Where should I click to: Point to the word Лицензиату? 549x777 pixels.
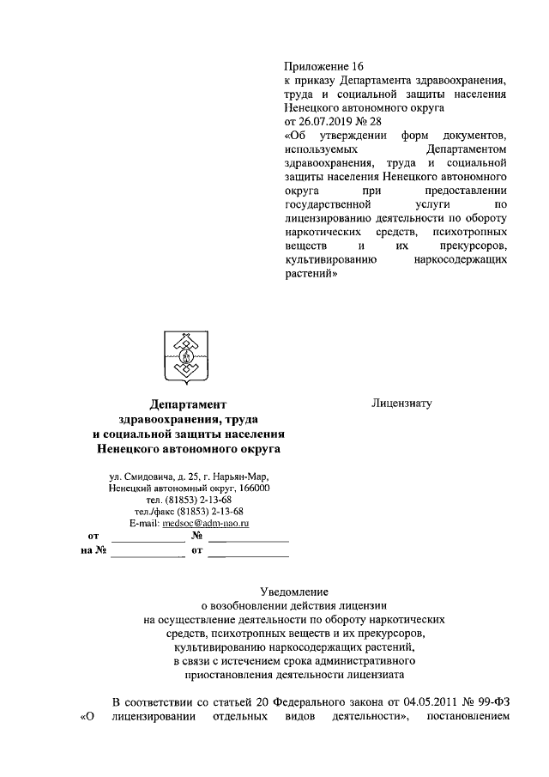(401, 401)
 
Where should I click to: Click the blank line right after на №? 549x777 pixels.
(147, 555)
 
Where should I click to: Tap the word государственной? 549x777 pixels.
(327, 205)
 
